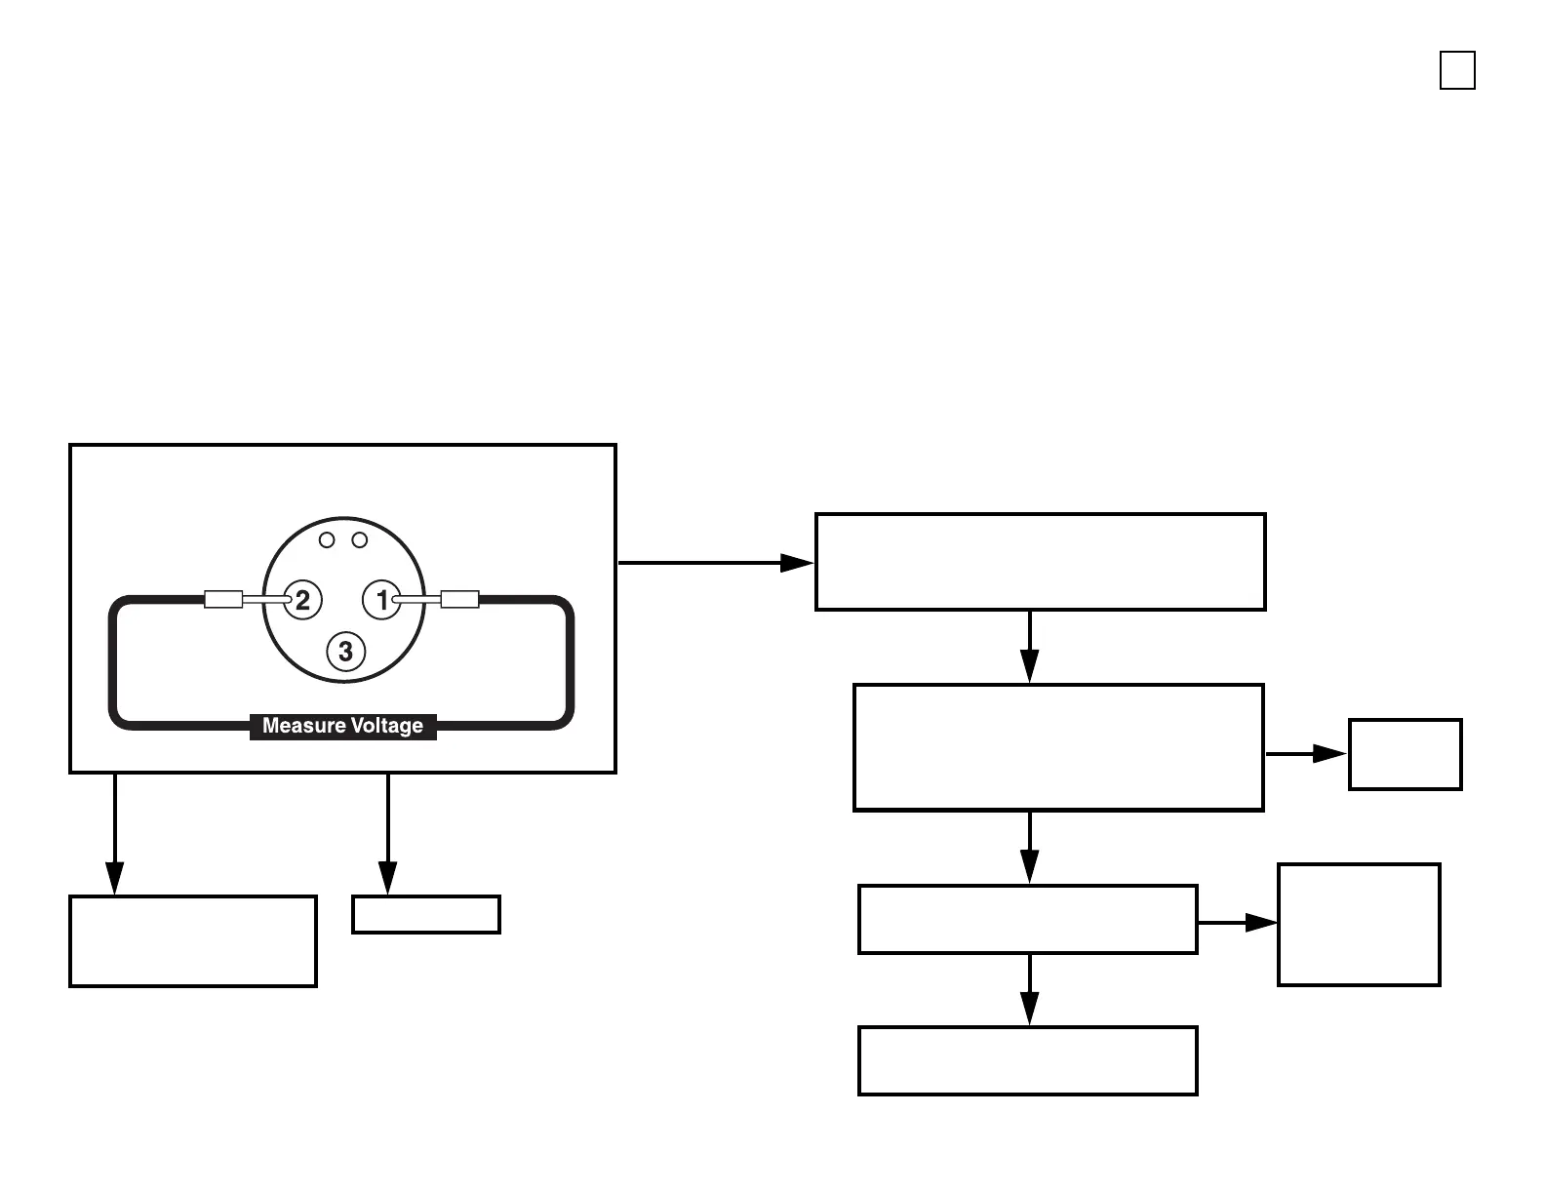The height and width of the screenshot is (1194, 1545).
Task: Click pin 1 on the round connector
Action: click(381, 600)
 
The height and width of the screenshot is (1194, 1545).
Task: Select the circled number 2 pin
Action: click(301, 600)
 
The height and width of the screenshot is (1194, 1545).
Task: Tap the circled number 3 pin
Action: click(345, 651)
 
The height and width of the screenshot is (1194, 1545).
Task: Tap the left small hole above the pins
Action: click(328, 539)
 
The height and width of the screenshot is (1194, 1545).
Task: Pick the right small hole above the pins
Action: click(359, 539)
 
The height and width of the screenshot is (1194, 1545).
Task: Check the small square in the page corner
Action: click(1457, 71)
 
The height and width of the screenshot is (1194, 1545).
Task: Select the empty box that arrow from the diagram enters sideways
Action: click(1040, 562)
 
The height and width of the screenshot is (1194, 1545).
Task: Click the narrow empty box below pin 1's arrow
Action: click(426, 915)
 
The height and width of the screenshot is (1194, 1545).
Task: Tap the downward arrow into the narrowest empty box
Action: click(388, 834)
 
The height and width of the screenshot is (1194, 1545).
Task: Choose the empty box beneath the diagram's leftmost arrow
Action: click(193, 941)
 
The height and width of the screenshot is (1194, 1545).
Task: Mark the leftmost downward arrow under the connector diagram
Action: click(115, 834)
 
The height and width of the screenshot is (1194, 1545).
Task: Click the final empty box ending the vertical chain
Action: click(1027, 1060)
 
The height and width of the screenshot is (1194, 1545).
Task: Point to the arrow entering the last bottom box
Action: click(1029, 990)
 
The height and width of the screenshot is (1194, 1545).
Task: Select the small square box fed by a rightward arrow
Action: click(1405, 754)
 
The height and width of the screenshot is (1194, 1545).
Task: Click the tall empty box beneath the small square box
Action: click(1359, 925)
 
